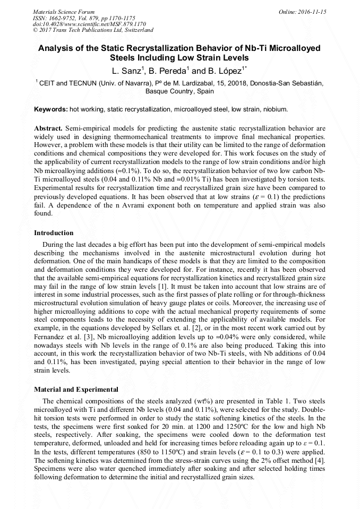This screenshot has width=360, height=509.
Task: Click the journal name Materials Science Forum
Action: (x=64, y=12)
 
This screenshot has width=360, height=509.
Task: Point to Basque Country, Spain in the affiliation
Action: (x=179, y=91)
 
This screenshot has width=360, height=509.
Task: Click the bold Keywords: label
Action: (x=51, y=109)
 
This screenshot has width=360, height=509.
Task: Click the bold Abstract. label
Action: (x=48, y=129)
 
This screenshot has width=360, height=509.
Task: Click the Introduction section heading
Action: (x=54, y=233)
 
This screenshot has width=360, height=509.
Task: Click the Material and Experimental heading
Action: (x=76, y=390)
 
